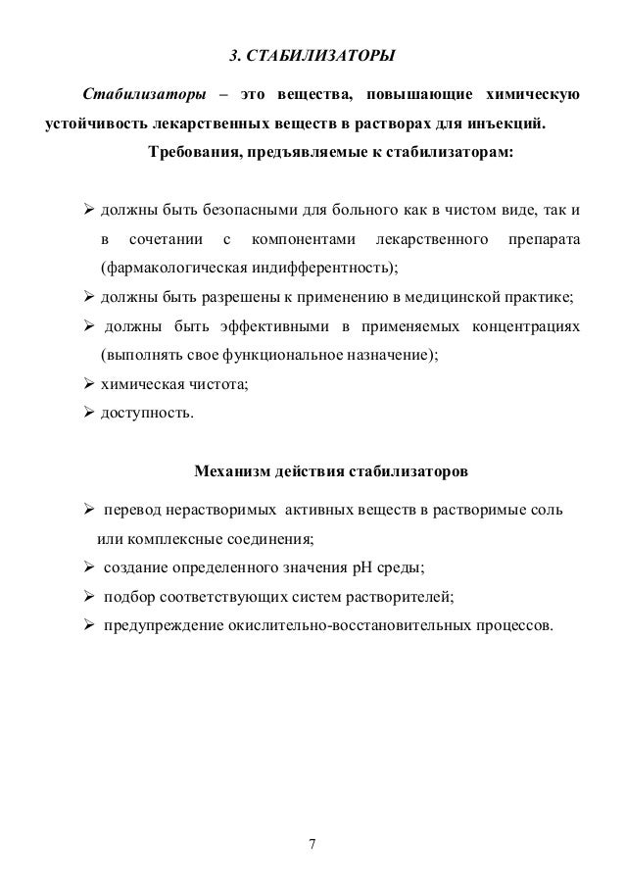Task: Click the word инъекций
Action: (x=506, y=125)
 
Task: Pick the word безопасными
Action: (x=249, y=210)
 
